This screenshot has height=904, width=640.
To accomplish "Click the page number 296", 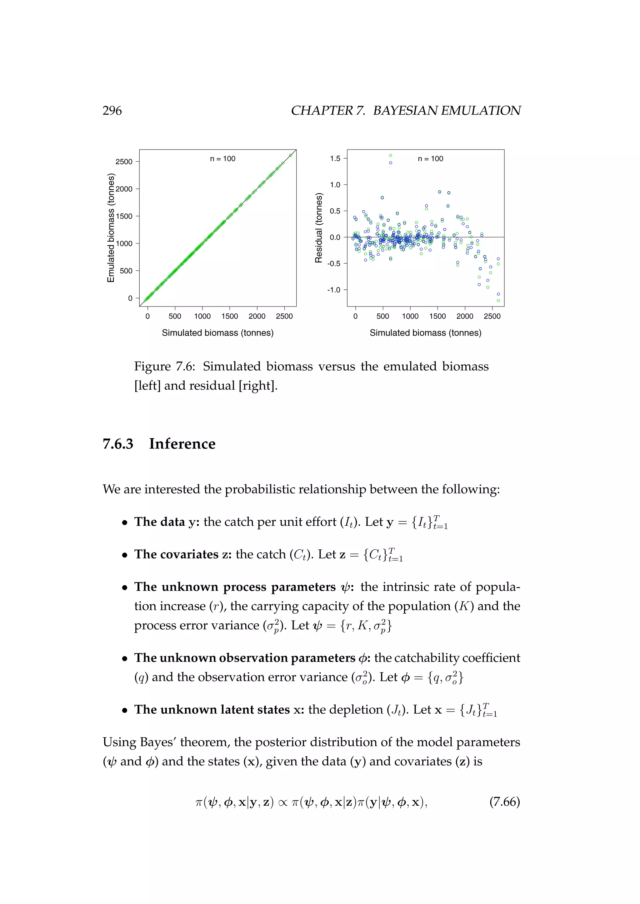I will pyautogui.click(x=112, y=111).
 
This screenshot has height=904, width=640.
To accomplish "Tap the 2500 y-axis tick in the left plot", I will pyautogui.click(x=124, y=162).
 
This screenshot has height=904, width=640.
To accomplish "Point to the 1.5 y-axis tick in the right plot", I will pyautogui.click(x=335, y=159).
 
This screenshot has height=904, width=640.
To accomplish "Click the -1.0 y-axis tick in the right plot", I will pyautogui.click(x=333, y=290).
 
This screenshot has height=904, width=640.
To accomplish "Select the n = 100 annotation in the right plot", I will pyautogui.click(x=430, y=159).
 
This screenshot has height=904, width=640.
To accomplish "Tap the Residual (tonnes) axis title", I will pyautogui.click(x=319, y=228).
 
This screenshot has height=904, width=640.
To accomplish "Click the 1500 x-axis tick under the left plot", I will pyautogui.click(x=229, y=316).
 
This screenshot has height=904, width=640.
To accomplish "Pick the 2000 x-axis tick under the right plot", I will pyautogui.click(x=465, y=316).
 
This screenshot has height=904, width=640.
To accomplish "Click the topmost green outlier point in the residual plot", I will pyautogui.click(x=391, y=155).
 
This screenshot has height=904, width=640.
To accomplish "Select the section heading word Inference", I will pyautogui.click(x=182, y=444).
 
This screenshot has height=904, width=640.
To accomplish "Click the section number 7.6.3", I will pyautogui.click(x=118, y=444).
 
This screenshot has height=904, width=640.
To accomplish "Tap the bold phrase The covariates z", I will pyautogui.click(x=182, y=554).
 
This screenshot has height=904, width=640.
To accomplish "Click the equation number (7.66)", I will pyautogui.click(x=504, y=802).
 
